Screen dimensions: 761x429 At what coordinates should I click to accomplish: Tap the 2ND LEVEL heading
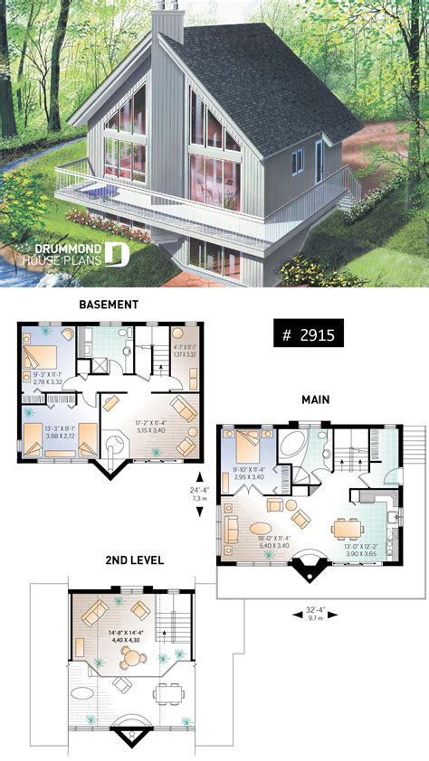(134, 560)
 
